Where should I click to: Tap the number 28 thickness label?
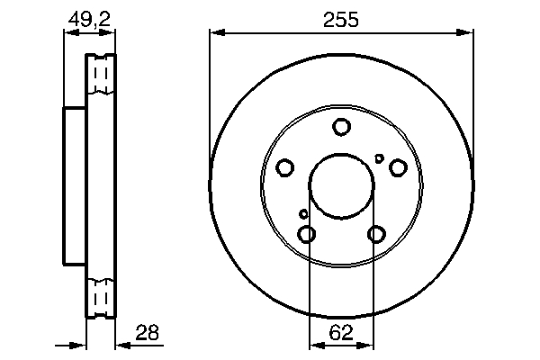pyautogui.click(x=148, y=332)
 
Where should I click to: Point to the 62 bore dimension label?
pyautogui.click(x=340, y=332)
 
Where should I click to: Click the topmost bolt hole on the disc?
pyautogui.click(x=341, y=127)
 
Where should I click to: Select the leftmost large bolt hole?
pyautogui.click(x=284, y=167)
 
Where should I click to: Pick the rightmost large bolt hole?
pyautogui.click(x=397, y=166)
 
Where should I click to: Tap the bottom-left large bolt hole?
pyautogui.click(x=307, y=234)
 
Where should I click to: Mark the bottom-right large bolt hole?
pyautogui.click(x=375, y=234)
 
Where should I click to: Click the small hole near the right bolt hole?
pyautogui.click(x=379, y=159)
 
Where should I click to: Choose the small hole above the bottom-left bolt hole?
pyautogui.click(x=303, y=214)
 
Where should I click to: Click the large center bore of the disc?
pyautogui.click(x=341, y=186)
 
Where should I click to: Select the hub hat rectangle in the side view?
pyautogui.click(x=75, y=185)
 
